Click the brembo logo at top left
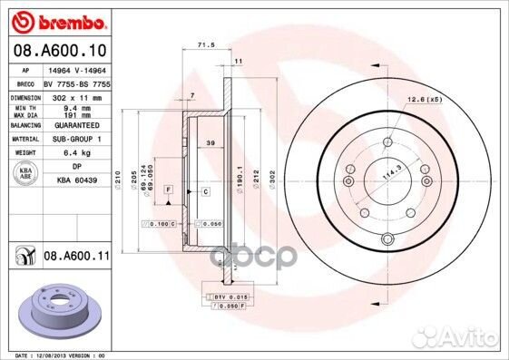click(58, 19)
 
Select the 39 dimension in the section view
click(210, 144)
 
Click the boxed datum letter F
click(169, 187)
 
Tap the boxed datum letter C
click(205, 192)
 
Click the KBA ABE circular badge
click(24, 172)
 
